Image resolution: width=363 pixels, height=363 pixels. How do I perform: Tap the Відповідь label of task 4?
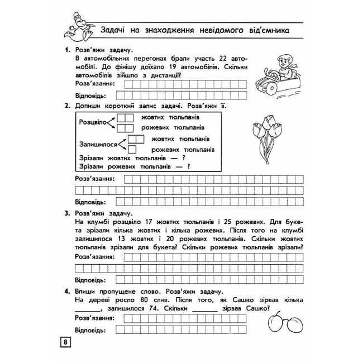90,329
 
